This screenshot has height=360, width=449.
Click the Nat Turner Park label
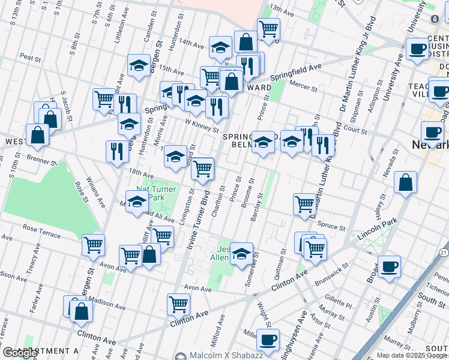point(156,193)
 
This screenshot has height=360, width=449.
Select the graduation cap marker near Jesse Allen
point(241,253)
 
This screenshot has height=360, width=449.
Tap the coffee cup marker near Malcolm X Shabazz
point(268,340)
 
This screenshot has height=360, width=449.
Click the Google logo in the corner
point(20,353)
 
